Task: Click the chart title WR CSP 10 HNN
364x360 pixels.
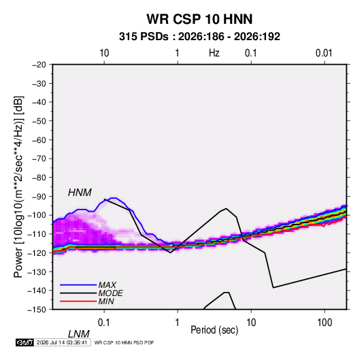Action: (x=199, y=19)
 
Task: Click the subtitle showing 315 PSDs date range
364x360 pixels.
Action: (x=199, y=37)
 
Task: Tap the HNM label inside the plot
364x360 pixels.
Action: (x=80, y=193)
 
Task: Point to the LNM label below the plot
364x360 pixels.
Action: (x=78, y=334)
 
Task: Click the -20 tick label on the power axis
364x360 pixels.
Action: (x=39, y=65)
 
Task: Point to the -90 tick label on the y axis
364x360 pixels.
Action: (x=39, y=197)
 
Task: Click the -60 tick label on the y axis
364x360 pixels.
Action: (x=39, y=140)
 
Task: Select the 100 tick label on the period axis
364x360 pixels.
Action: (x=325, y=323)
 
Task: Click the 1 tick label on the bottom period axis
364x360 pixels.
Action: (x=177, y=323)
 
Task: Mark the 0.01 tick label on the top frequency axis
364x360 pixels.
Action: (x=324, y=53)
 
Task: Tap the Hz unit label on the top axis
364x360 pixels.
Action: (x=214, y=53)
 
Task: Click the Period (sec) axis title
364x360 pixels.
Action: (x=214, y=330)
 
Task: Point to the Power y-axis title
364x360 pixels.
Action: (x=18, y=187)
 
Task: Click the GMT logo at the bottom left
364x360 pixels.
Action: (x=25, y=342)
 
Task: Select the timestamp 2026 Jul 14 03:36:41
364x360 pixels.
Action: (x=62, y=342)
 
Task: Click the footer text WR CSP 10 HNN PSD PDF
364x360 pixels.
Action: (x=125, y=342)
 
